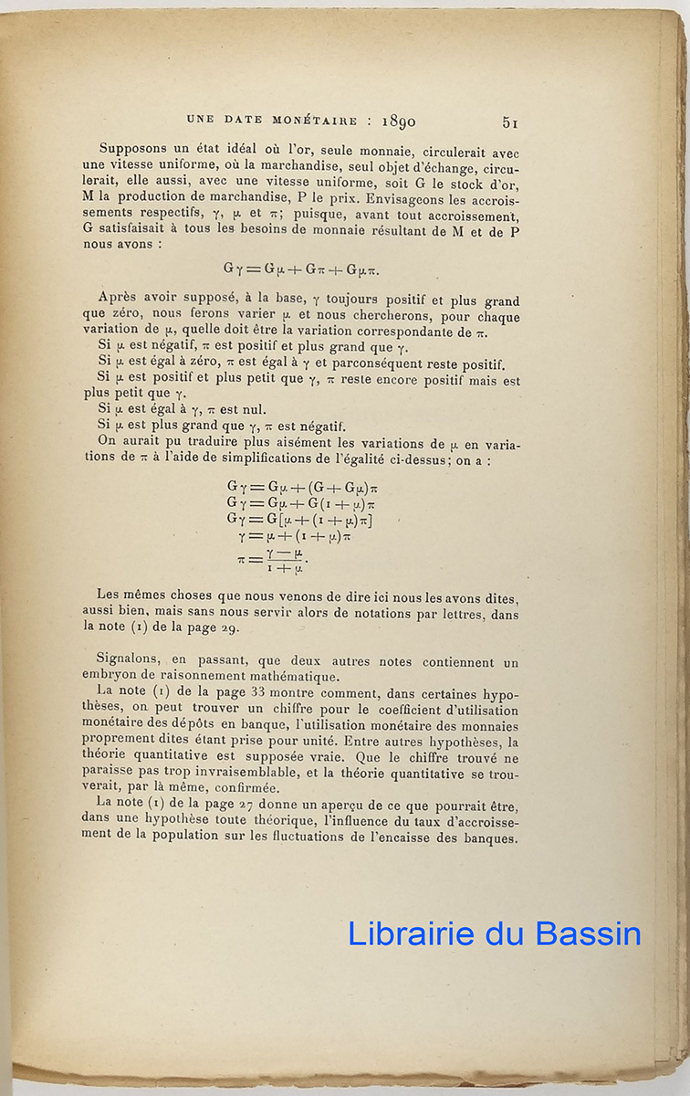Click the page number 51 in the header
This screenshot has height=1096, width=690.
tap(510, 121)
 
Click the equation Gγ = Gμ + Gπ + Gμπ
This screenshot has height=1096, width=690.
tap(302, 269)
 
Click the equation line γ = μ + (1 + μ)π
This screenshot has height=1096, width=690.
tap(295, 536)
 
